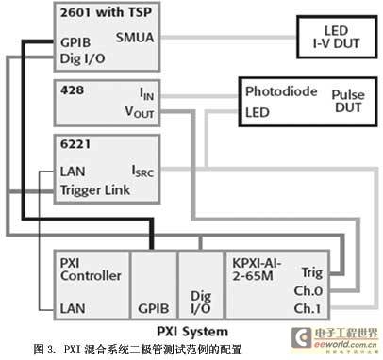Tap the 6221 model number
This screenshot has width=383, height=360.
(x=74, y=147)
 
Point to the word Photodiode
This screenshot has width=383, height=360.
(x=279, y=93)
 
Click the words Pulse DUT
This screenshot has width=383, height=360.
(x=347, y=103)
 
